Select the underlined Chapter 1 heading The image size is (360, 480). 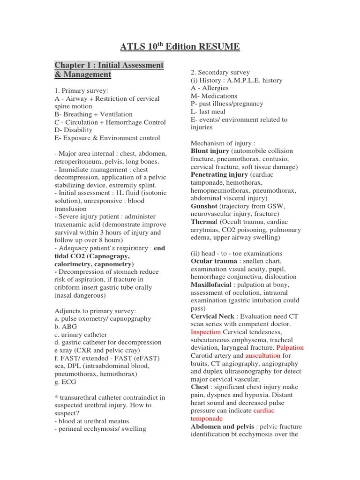click(109, 70)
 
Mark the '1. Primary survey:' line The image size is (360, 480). click(81, 90)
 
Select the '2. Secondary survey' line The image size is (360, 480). click(220, 72)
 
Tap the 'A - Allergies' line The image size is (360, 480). click(210, 88)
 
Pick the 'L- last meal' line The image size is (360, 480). click(208, 112)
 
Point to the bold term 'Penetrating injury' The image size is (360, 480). click(219, 174)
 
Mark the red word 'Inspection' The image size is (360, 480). click(206, 332)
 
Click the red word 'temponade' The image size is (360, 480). click(207, 419)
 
